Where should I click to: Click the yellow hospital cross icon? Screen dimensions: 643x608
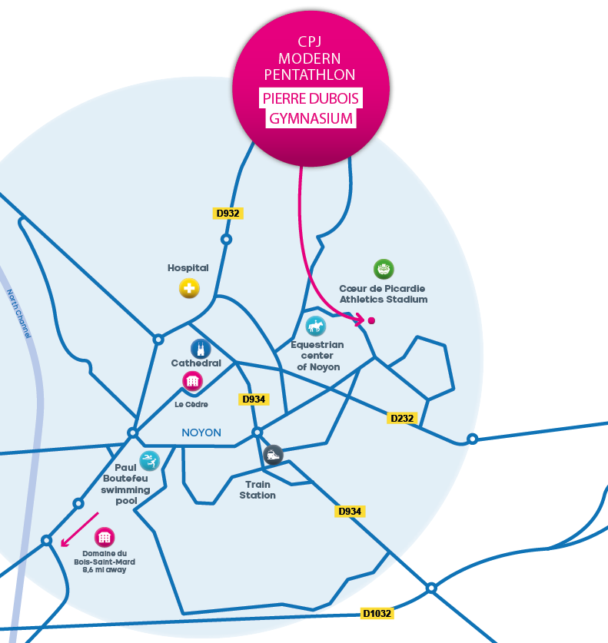pos(188,289)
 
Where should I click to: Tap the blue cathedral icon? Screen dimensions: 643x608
pos(201,348)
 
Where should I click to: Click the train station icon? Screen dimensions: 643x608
pos(273,455)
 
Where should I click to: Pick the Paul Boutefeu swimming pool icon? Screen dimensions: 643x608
pos(150,461)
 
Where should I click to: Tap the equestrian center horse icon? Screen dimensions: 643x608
pos(315,326)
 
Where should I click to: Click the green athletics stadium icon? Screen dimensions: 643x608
pos(384,270)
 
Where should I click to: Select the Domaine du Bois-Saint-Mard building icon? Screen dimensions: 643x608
pos(105,537)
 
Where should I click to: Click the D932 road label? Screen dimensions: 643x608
pos(228,213)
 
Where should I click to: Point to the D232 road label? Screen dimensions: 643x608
pos(402,418)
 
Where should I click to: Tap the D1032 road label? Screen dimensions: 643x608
pos(377,614)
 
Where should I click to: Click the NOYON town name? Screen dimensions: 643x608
pos(201,433)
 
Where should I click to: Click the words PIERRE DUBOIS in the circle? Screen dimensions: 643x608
pos(311,99)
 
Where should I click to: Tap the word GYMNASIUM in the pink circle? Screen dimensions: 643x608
pos(311,119)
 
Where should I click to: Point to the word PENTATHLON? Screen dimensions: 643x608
pos(310,75)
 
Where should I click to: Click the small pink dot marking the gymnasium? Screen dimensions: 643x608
pos(371,320)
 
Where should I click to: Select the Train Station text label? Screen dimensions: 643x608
pos(257,490)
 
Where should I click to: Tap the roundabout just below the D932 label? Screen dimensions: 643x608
pos(226,240)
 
